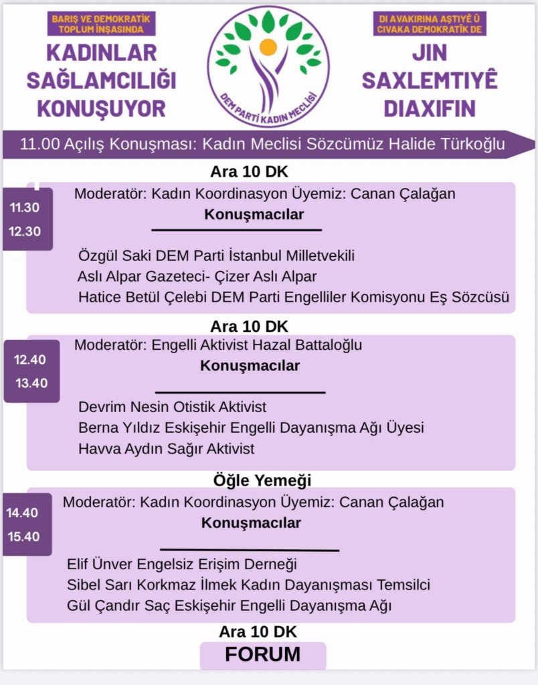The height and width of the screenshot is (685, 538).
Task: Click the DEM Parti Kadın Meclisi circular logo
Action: point(268,66)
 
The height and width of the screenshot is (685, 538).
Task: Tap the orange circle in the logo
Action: point(268,47)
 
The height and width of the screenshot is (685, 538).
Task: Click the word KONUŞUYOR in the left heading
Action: point(102,108)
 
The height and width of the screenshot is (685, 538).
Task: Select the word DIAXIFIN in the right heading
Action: point(430,108)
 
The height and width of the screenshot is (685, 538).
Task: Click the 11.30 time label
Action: point(25,207)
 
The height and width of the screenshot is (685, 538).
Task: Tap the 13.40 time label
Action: point(31,383)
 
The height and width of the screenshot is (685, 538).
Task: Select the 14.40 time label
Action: point(22,512)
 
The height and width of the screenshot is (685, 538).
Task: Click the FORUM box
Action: point(263,655)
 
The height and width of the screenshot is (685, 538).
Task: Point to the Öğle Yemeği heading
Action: point(262,480)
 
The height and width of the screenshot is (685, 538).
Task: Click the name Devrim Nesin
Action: point(124,407)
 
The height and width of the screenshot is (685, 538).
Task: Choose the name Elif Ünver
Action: point(100,564)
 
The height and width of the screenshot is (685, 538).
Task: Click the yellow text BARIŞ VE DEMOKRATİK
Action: point(101,19)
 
